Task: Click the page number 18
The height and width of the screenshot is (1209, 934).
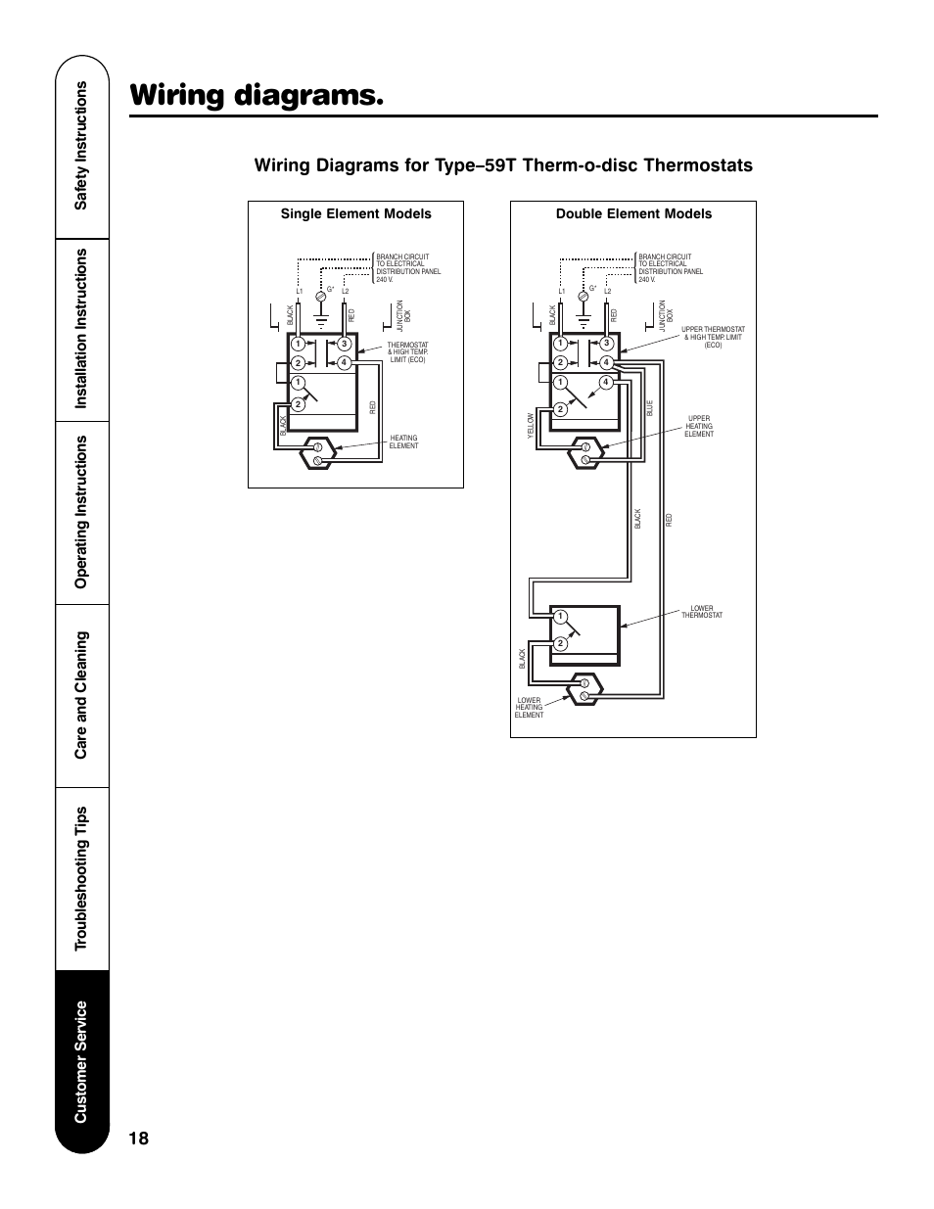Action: (139, 1138)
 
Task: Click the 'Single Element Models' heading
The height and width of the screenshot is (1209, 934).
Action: (355, 213)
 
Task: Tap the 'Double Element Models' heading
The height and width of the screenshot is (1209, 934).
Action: (633, 213)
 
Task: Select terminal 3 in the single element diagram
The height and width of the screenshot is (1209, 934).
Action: (345, 344)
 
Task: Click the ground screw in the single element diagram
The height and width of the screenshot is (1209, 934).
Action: (319, 295)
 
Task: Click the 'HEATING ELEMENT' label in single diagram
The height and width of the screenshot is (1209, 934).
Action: (403, 442)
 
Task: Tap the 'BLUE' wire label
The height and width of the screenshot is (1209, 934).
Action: (649, 408)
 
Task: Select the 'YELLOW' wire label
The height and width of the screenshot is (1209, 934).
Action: (532, 422)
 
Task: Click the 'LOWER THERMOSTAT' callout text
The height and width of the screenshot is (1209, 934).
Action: (702, 612)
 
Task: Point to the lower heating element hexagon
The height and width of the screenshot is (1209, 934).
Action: (585, 689)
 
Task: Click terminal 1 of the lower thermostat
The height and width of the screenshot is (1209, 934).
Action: (560, 617)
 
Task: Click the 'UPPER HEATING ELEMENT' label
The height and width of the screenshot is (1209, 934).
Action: (699, 426)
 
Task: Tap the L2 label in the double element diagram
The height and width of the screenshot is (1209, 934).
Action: (607, 292)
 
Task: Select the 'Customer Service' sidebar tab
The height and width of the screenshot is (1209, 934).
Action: (82, 1062)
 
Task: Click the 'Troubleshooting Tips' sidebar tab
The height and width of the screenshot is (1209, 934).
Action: (82, 877)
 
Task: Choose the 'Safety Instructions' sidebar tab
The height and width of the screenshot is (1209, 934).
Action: (82, 144)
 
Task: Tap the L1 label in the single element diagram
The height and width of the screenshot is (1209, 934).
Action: (300, 292)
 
